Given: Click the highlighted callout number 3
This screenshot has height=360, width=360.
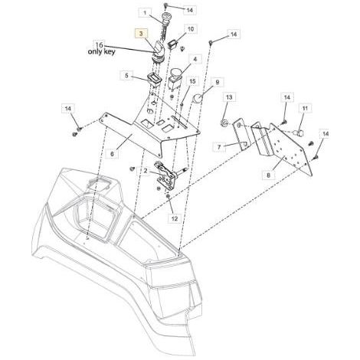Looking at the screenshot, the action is (142, 33).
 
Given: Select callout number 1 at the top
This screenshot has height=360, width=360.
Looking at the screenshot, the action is (145, 12).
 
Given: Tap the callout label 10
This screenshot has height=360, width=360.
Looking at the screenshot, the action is (191, 29).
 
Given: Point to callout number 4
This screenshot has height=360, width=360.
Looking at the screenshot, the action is (195, 60).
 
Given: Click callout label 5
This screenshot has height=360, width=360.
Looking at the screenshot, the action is (126, 76).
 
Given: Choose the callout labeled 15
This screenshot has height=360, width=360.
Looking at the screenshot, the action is (192, 81).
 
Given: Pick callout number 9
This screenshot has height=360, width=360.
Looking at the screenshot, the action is (218, 82).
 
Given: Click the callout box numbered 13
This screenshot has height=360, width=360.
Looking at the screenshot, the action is (229, 97).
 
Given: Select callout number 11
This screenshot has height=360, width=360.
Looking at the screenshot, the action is (305, 109).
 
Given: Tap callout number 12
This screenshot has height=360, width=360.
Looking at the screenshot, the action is (174, 219).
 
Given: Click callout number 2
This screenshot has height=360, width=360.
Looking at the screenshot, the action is (146, 171).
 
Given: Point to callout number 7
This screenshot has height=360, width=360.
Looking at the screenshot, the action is (219, 147).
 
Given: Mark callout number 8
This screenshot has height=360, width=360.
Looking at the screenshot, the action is (268, 175).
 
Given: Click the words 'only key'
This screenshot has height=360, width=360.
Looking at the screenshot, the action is (101, 51).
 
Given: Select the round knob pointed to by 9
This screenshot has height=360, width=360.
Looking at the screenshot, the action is (198, 99).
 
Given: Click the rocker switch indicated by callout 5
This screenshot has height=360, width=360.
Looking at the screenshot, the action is (155, 79).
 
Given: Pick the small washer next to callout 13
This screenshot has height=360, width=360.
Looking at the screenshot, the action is (224, 123).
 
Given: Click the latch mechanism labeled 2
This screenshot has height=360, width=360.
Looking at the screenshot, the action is (167, 175).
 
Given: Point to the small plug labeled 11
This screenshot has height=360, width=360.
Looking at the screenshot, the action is (298, 133).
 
